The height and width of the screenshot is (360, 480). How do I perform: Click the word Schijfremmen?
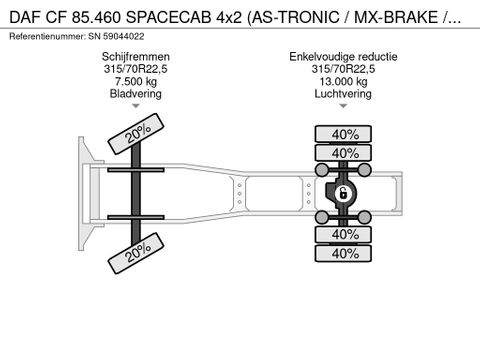136,57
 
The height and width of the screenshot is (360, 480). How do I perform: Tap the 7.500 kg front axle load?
136,81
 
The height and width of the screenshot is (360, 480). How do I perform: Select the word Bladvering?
136,94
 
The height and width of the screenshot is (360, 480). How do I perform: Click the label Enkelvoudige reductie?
343,57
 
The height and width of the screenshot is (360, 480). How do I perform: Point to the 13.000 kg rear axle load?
343,81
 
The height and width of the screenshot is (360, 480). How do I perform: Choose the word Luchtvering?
343,94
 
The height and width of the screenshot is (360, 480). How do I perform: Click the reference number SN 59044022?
116,36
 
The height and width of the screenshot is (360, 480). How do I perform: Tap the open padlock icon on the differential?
342,193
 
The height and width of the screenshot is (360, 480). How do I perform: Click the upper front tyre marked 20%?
136,134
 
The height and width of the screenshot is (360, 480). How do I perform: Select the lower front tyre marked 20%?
136,253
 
